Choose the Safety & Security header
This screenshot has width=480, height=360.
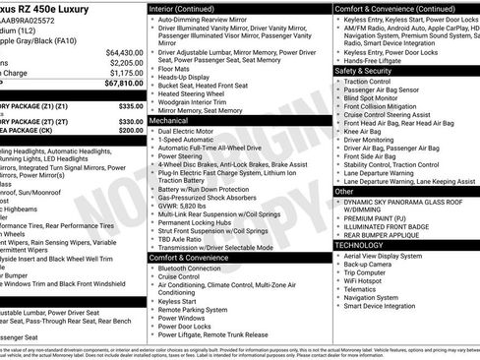370,71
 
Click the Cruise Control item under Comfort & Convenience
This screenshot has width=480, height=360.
184,277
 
